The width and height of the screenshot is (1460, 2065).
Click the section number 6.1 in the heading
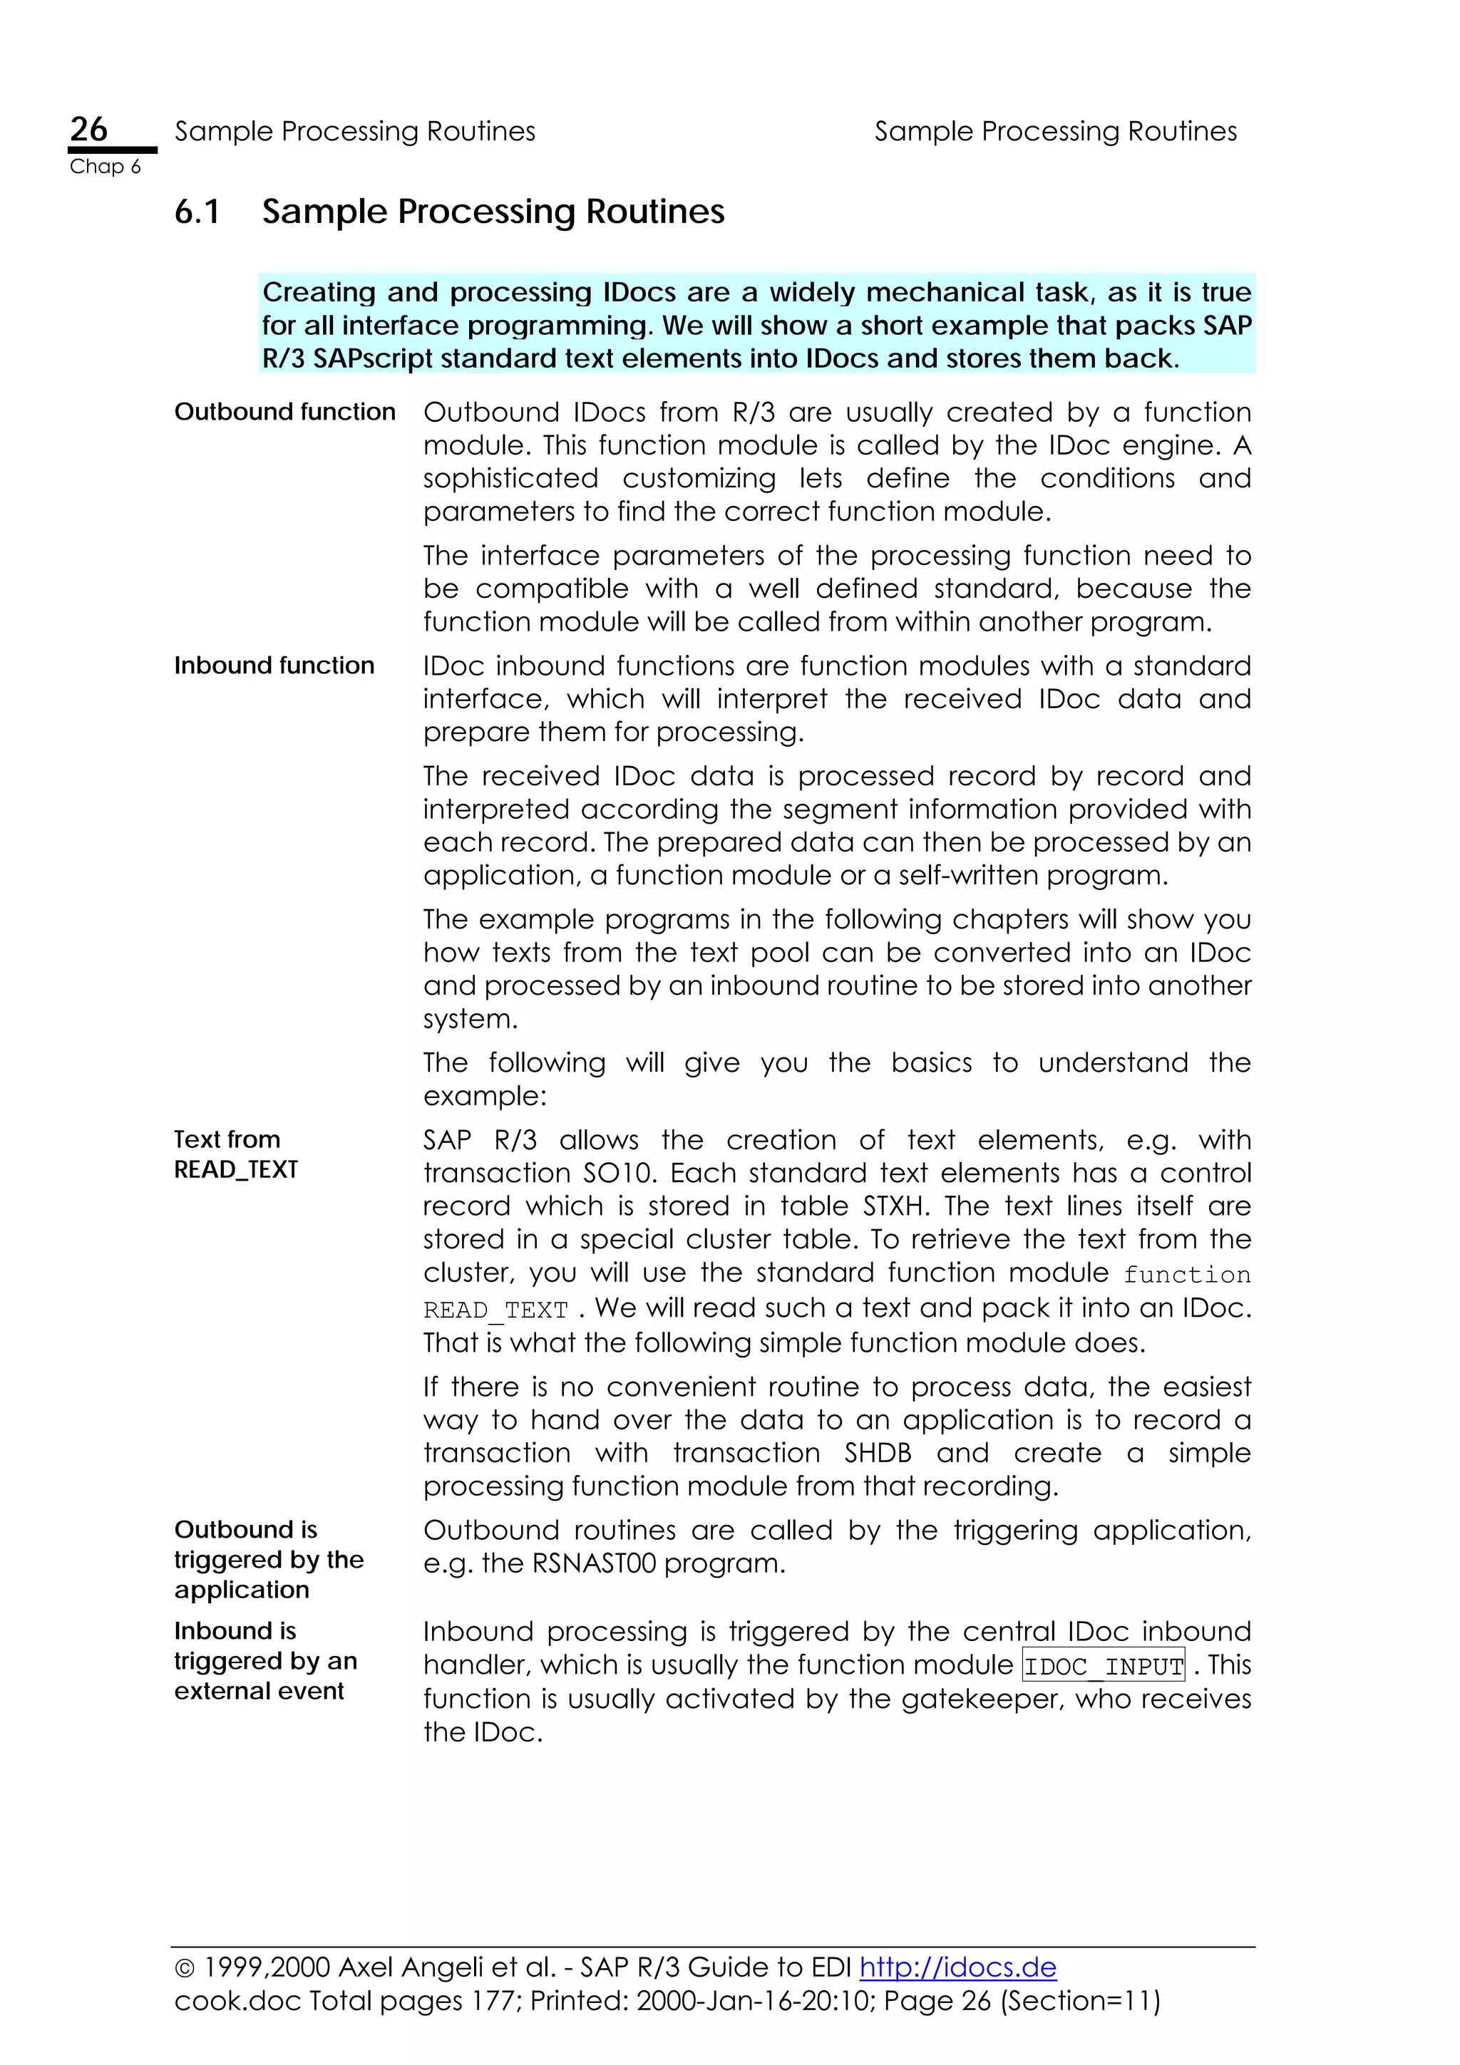[x=197, y=212]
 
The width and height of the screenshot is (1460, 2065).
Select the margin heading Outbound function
[x=284, y=412]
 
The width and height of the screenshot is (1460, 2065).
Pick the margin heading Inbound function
[x=274, y=666]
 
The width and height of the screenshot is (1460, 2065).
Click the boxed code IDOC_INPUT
[x=1103, y=1667]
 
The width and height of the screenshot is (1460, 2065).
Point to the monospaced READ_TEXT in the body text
[x=495, y=1310]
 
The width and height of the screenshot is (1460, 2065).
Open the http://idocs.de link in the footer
[x=957, y=1967]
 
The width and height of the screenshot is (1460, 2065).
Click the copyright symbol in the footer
[x=185, y=1969]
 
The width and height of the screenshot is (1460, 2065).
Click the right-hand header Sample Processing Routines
[x=1055, y=131]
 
